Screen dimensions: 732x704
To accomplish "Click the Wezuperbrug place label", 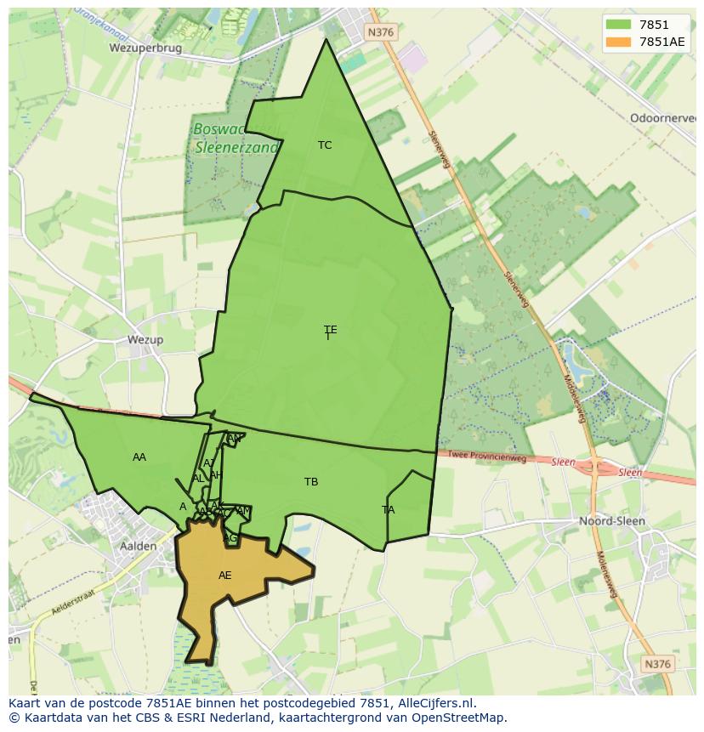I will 145,48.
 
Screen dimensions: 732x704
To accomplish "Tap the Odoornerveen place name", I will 662,118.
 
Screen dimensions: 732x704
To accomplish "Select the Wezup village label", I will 145,339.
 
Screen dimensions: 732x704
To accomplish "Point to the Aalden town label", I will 138,546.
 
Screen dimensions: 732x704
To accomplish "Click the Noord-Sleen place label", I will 611,520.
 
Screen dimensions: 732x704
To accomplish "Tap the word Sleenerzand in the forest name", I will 236,147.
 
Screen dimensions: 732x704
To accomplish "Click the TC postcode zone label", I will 325,145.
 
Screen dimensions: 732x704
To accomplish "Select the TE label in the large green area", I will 330,330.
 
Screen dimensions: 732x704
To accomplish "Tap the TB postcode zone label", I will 311,482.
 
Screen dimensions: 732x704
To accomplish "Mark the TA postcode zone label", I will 388,510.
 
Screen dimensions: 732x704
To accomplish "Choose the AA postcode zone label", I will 139,457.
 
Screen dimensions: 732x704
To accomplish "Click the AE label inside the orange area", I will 224,576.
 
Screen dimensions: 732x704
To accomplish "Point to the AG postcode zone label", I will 230,538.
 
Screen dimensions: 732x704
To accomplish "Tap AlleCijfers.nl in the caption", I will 433,704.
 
